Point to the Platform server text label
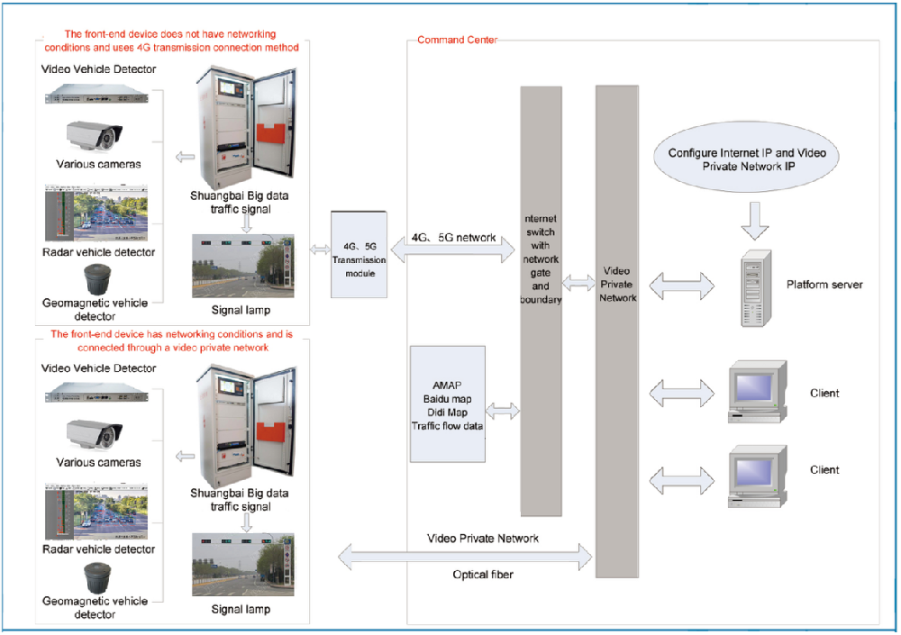point(824,285)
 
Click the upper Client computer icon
point(757,392)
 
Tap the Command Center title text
point(457,41)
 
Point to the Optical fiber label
point(483,574)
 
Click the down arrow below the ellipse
point(755,217)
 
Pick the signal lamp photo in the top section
point(243,267)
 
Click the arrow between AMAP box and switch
point(504,411)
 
